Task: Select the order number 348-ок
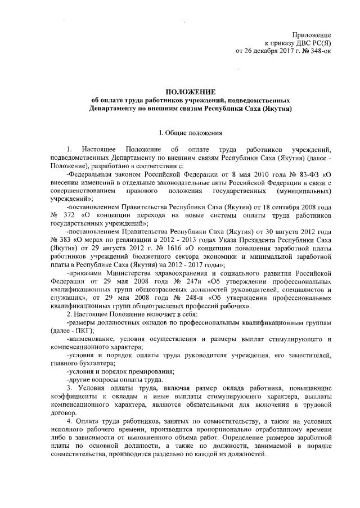[318, 51]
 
